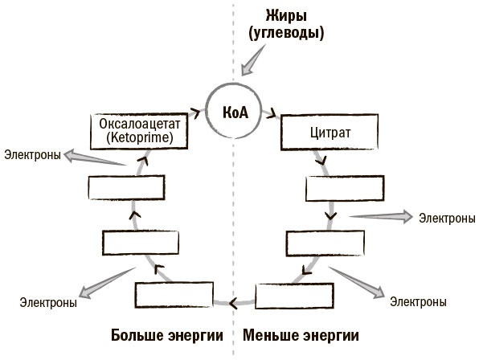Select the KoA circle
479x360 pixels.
(234, 110)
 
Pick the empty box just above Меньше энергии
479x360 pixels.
(294, 296)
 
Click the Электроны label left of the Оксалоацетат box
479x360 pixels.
(32, 154)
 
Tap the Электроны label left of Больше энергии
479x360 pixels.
(48, 303)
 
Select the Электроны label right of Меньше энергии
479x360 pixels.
(418, 302)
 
